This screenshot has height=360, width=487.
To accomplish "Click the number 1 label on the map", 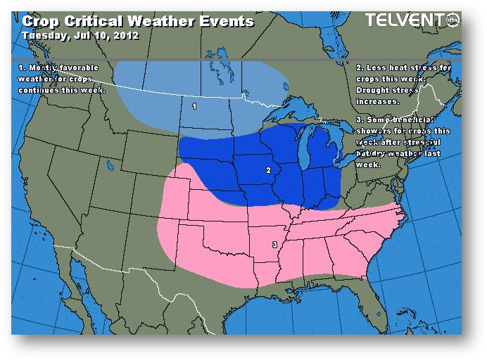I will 195,106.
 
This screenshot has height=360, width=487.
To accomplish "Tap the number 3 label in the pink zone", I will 273,245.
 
